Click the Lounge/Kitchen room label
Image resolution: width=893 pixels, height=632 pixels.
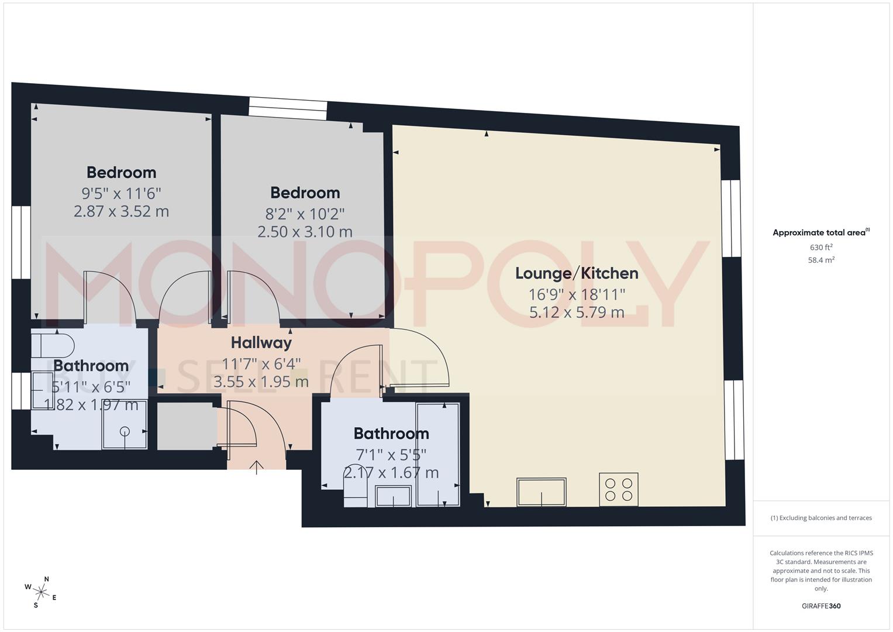click(x=576, y=273)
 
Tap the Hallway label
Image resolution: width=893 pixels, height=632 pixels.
click(x=261, y=342)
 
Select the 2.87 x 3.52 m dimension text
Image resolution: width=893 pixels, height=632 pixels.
click(x=121, y=211)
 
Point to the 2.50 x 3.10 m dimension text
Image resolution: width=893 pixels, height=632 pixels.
click(x=305, y=232)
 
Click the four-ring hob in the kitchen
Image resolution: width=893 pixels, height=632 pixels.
click(x=619, y=490)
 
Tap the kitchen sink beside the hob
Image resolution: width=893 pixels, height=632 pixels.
click(x=541, y=492)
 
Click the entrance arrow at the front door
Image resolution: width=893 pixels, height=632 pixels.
click(x=256, y=467)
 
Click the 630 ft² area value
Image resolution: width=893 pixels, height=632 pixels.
click(x=821, y=248)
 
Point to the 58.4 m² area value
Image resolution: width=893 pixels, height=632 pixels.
click(x=821, y=260)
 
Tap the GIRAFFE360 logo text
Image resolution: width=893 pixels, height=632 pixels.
click(x=821, y=606)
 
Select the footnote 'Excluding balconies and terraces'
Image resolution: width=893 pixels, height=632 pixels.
click(x=821, y=518)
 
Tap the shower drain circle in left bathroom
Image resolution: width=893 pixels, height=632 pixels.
click(x=125, y=431)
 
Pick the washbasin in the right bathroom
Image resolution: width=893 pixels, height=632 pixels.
click(x=393, y=496)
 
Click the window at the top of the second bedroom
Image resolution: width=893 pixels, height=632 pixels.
click(x=287, y=109)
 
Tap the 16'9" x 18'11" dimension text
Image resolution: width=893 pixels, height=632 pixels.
click(x=576, y=294)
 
